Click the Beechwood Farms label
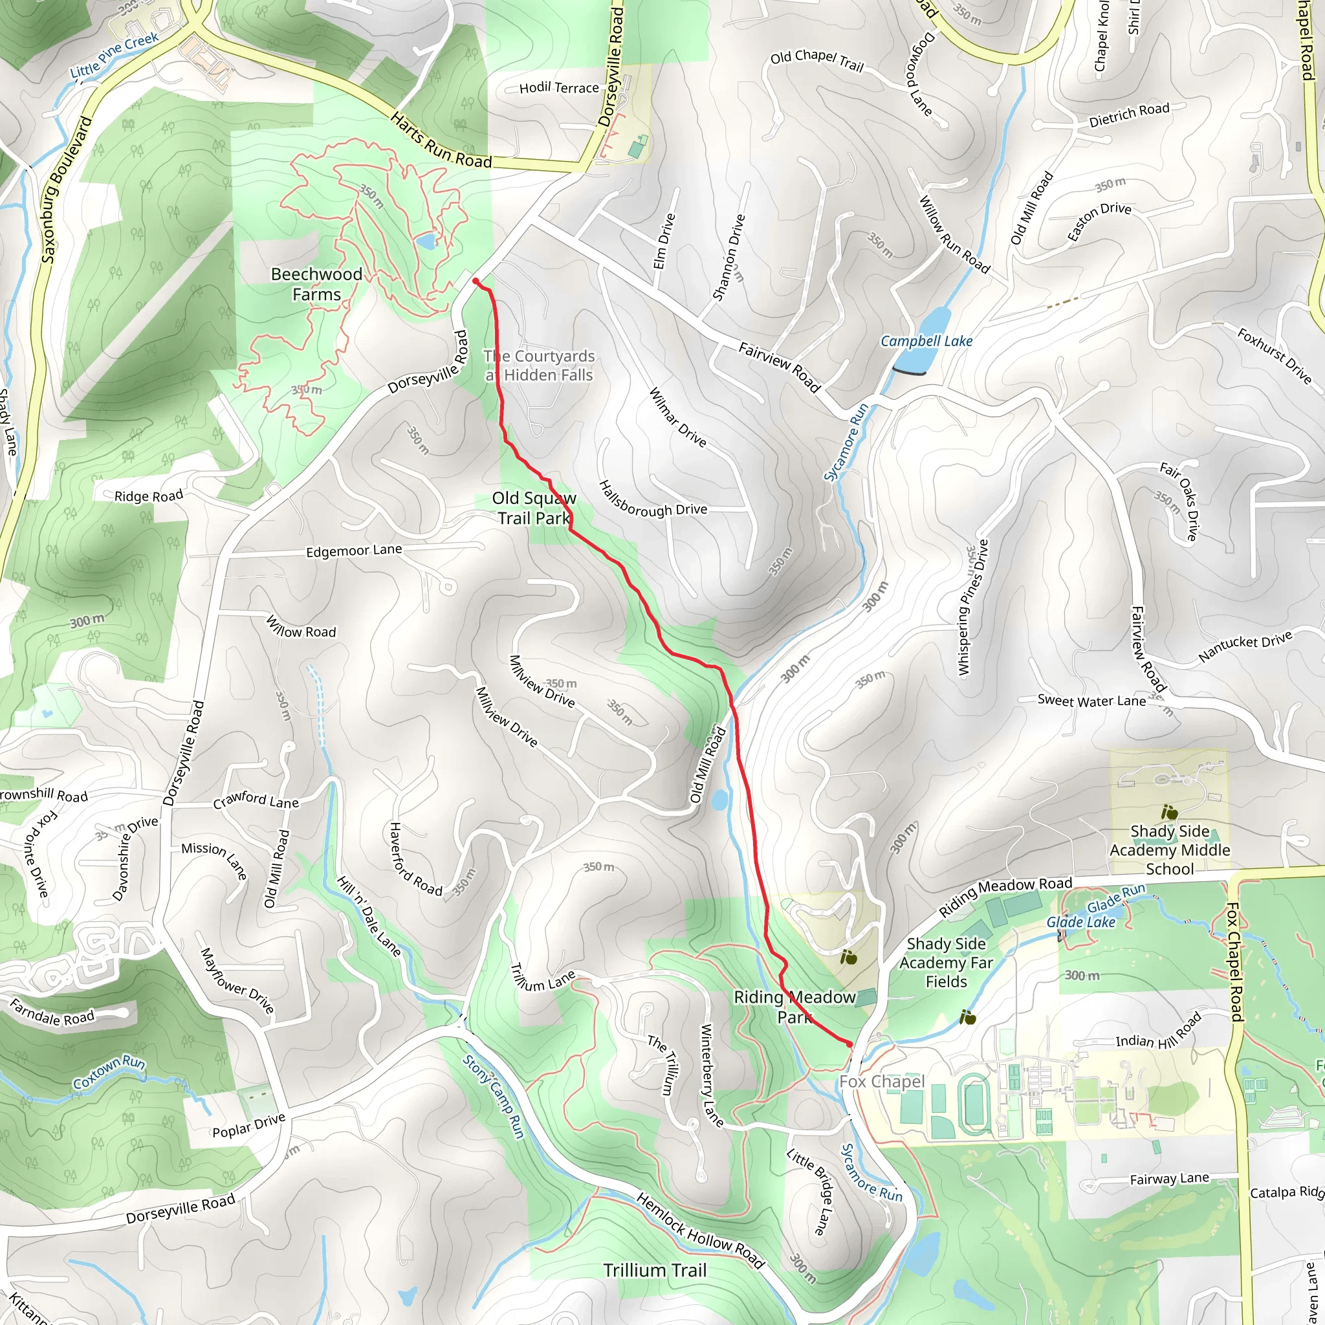pyautogui.click(x=316, y=284)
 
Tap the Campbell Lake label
pyautogui.click(x=926, y=341)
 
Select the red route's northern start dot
pyautogui.click(x=476, y=281)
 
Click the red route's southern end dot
pyautogui.click(x=850, y=1044)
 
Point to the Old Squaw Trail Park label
pyautogui.click(x=534, y=508)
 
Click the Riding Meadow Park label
pyautogui.click(x=794, y=1007)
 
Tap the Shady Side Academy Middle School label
pyautogui.click(x=1169, y=849)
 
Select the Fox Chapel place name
pyautogui.click(x=881, y=1082)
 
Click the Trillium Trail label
pyautogui.click(x=654, y=1270)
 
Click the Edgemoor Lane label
pyautogui.click(x=354, y=551)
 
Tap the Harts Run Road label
pyautogui.click(x=441, y=141)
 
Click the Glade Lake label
pyautogui.click(x=1080, y=923)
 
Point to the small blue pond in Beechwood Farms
pyautogui.click(x=425, y=241)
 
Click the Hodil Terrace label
pyautogui.click(x=559, y=88)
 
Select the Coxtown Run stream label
pyautogui.click(x=109, y=1072)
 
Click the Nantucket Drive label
pyautogui.click(x=1245, y=647)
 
